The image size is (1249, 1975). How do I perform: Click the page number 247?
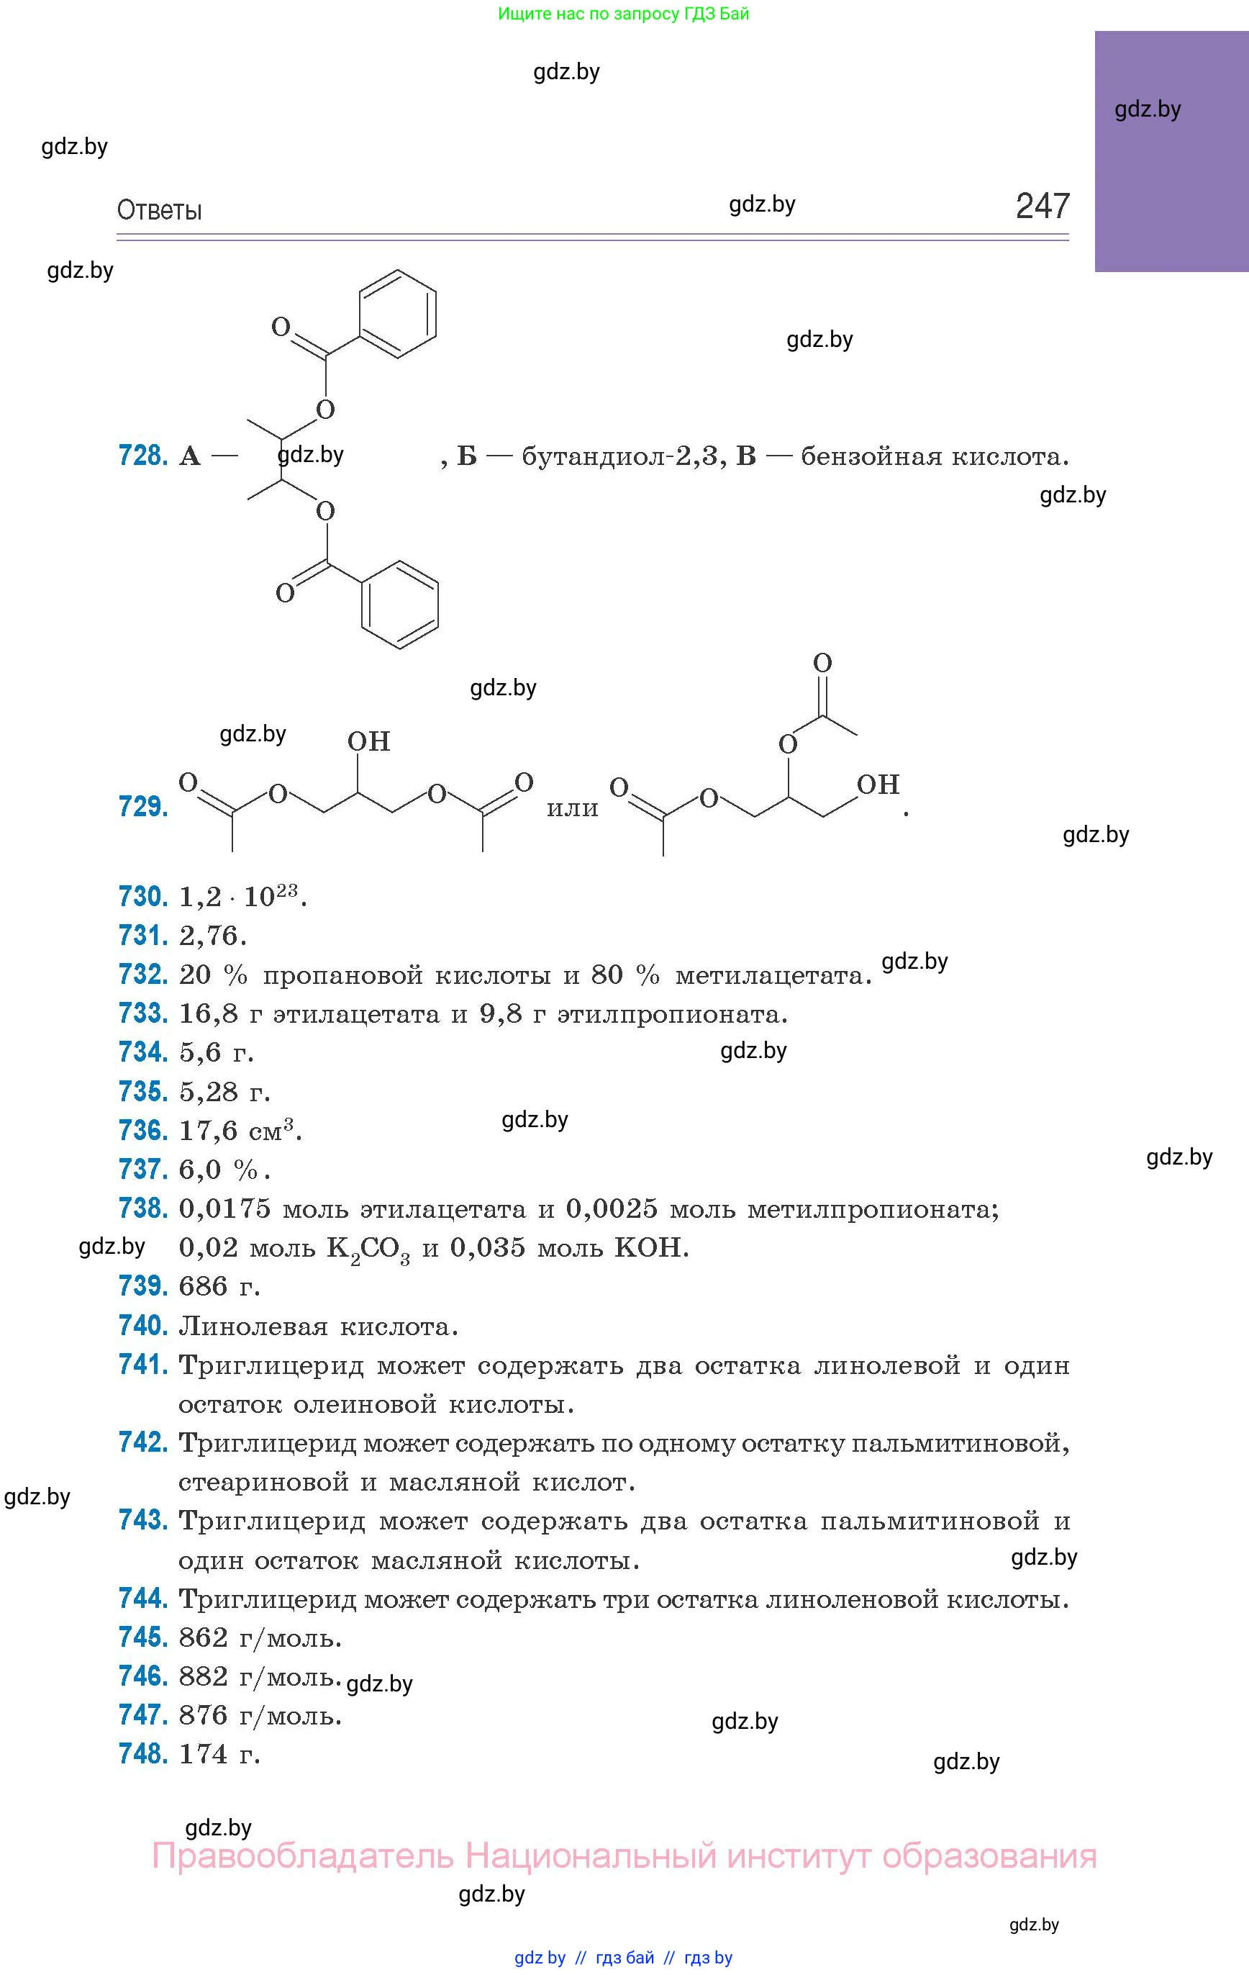[1043, 206]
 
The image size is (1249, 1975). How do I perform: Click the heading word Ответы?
[159, 211]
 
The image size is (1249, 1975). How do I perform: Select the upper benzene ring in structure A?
[399, 313]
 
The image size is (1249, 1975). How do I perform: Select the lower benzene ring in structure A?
[400, 605]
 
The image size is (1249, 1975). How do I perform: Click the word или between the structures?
[573, 809]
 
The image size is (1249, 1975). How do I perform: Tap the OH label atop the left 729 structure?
[368, 741]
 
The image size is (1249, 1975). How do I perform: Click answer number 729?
[142, 807]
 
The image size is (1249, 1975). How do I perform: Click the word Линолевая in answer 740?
[253, 1327]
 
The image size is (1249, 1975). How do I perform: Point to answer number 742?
[142, 1442]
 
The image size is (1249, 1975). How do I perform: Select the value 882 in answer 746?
[204, 1676]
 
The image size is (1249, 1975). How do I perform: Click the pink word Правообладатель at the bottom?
[301, 1856]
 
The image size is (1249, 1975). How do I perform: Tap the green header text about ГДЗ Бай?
[623, 13]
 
